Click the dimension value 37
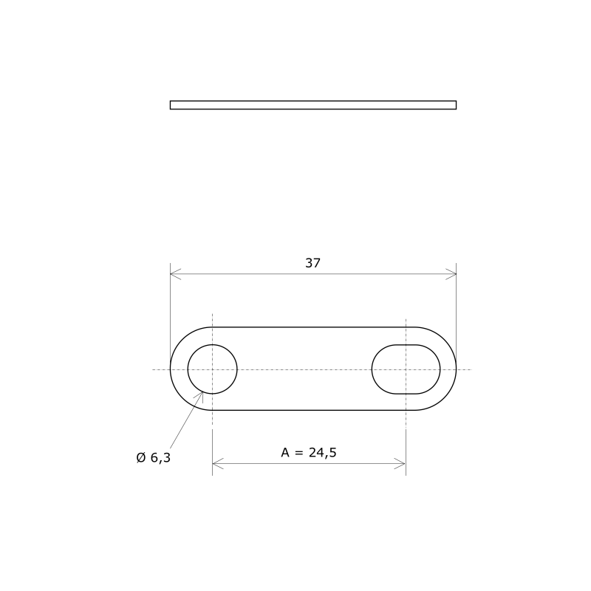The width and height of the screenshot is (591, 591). pyautogui.click(x=312, y=263)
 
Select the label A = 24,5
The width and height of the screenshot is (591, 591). pyautogui.click(x=309, y=453)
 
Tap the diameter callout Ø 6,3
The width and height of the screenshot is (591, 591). pyautogui.click(x=154, y=458)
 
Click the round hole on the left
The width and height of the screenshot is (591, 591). pyautogui.click(x=212, y=369)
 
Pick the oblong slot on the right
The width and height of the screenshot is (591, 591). pyautogui.click(x=406, y=369)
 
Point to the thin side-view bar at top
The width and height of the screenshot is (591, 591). pyautogui.click(x=312, y=105)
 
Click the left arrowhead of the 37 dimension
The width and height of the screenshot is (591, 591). pyautogui.click(x=174, y=274)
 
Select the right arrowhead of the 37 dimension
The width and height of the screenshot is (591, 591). pyautogui.click(x=451, y=274)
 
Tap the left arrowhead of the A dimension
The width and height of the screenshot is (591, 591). pyautogui.click(x=216, y=464)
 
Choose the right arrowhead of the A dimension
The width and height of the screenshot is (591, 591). pyautogui.click(x=401, y=464)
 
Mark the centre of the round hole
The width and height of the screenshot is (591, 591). pyautogui.click(x=212, y=369)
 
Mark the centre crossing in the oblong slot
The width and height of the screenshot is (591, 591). pyautogui.click(x=406, y=369)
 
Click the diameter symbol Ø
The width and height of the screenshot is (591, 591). pyautogui.click(x=141, y=458)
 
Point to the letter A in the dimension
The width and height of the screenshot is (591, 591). pyautogui.click(x=286, y=453)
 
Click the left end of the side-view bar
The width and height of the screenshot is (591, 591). pyautogui.click(x=171, y=105)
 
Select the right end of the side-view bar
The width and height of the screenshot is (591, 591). pyautogui.click(x=455, y=105)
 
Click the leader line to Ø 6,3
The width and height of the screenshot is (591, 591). pyautogui.click(x=186, y=420)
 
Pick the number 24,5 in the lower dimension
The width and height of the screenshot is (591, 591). pyautogui.click(x=323, y=453)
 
